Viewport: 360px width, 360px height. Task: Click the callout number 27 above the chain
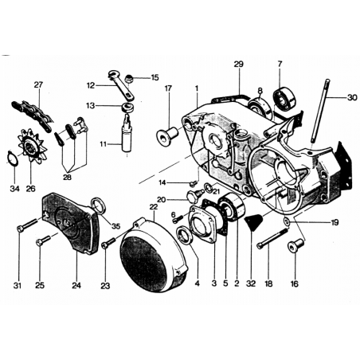38,85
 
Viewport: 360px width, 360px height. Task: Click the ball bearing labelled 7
284,97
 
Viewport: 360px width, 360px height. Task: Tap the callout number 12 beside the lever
91,86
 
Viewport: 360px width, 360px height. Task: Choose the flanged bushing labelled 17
167,135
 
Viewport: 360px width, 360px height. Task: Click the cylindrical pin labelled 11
127,133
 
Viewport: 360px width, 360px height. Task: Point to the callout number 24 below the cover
76,285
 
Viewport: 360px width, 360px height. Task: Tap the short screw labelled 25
43,241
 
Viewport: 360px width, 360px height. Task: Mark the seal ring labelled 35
98,205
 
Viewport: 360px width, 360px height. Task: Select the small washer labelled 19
287,221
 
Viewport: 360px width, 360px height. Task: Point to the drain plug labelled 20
194,196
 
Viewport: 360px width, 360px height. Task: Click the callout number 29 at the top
238,65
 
